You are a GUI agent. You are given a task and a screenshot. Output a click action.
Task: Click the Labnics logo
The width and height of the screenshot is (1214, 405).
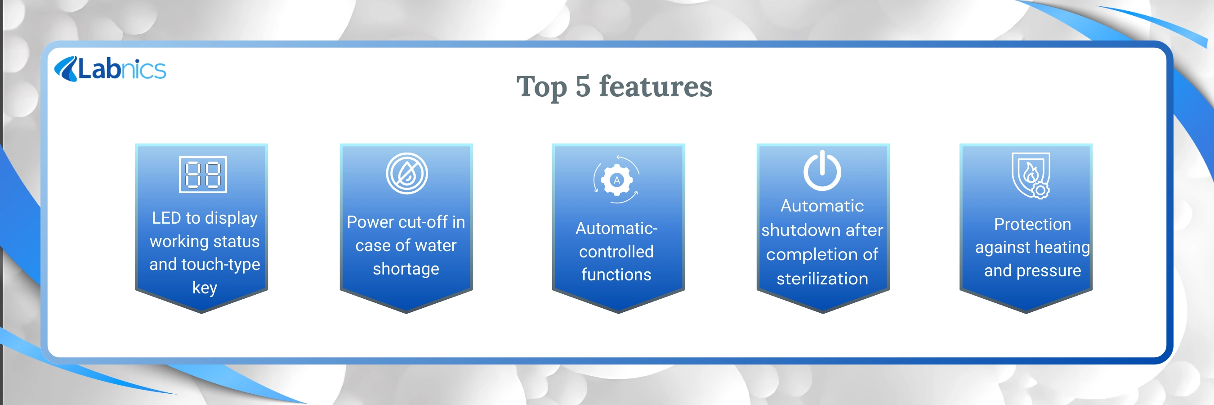coord(110,69)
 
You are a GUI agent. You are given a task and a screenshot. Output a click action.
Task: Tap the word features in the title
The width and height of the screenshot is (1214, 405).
coord(656,86)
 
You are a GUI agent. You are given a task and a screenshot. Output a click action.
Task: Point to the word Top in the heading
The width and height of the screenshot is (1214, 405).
coord(541,88)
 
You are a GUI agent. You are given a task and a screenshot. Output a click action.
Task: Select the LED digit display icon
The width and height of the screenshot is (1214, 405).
coord(203,175)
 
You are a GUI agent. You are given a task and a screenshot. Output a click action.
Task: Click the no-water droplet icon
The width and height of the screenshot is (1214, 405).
coord(407,174)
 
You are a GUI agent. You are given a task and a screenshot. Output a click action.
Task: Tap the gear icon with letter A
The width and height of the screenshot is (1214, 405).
coord(616,180)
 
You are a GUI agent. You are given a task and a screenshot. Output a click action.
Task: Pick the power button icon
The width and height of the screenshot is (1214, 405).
coord(822,171)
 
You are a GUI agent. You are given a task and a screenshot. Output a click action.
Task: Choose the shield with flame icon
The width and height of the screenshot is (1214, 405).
coord(1031,175)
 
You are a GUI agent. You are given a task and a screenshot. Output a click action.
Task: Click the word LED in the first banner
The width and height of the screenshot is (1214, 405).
coord(166,218)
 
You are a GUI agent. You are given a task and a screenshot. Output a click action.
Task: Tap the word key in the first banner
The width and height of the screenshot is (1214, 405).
coord(205,288)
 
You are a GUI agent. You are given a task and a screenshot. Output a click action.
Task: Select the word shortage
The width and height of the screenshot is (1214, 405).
coord(406,269)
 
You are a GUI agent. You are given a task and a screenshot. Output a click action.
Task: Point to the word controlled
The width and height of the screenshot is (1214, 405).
coord(616,252)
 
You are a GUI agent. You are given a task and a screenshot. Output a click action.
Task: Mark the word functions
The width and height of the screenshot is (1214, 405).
coord(616,275)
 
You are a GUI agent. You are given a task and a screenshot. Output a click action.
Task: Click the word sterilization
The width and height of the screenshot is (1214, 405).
coord(822,279)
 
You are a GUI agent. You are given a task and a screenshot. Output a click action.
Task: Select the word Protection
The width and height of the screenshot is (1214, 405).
coord(1032,225)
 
